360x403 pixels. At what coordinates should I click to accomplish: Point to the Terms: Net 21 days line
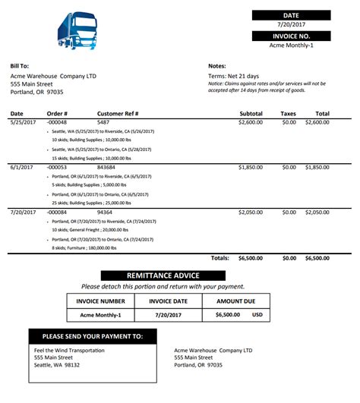(233, 76)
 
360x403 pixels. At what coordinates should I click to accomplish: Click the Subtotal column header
(250, 114)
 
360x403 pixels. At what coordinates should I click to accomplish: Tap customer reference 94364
(106, 213)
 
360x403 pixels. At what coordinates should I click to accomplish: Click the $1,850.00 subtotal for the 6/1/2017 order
(250, 167)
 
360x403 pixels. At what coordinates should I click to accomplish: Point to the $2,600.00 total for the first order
(317, 121)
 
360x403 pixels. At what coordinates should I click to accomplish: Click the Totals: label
(219, 258)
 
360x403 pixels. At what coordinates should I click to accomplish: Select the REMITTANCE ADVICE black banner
(163, 275)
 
